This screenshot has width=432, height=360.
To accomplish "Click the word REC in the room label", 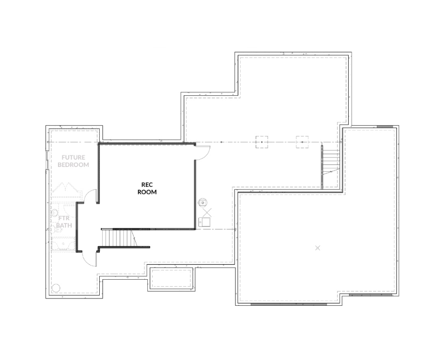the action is coord(147,185).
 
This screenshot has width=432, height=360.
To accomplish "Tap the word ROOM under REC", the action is coord(147,192).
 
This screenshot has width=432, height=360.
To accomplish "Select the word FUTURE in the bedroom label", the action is coord(73,157).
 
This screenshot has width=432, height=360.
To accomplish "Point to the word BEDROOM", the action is coord(73,165).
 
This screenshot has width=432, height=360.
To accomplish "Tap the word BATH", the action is coord(64,225).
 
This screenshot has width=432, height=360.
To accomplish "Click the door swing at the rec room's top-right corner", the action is coord(203,153).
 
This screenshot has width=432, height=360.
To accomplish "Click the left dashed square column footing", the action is coord(262,142).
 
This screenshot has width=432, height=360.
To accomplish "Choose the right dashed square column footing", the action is coord(302,142).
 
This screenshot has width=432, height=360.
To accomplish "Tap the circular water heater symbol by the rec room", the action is coord(203,203).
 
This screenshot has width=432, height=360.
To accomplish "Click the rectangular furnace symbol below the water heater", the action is coord(204,222).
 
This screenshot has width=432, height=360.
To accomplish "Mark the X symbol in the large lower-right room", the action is coord(318,248).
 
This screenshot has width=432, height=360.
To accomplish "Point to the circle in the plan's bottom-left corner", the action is coord(56,288).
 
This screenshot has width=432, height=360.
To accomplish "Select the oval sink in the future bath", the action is coord(55,213).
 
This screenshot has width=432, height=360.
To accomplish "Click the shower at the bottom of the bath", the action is coord(63,244).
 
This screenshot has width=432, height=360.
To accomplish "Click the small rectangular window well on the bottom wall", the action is coord(171,278).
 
